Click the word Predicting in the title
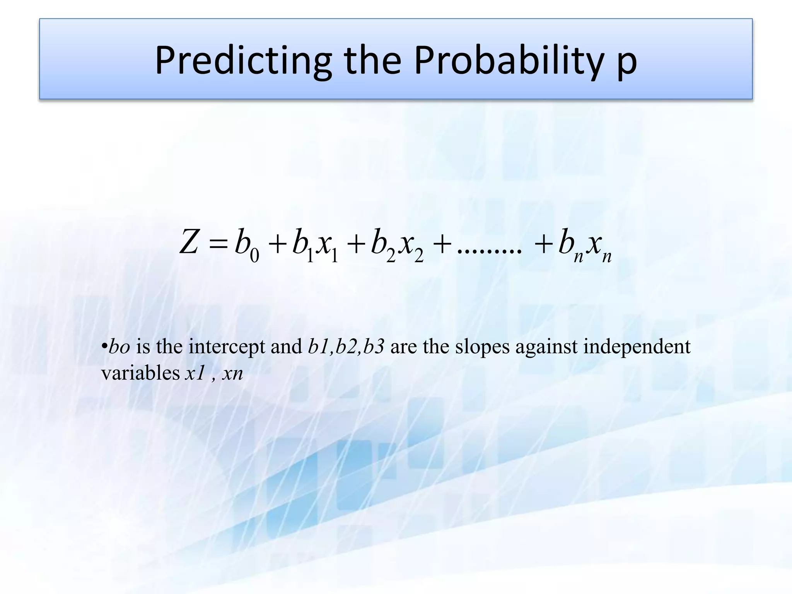coord(243,61)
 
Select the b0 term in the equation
coord(247,246)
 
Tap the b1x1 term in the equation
coord(315,246)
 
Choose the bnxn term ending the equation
coord(585,246)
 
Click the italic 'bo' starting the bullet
coord(119,346)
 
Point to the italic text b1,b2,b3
coord(346,346)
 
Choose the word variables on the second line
coord(140,374)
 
